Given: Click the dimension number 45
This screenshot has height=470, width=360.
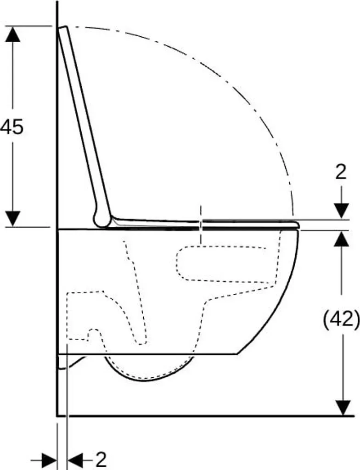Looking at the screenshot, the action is coord(12,127).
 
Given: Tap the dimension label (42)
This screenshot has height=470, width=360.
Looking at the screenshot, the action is coord(341,319).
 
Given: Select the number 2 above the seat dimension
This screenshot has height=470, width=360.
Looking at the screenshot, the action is coord(341,173).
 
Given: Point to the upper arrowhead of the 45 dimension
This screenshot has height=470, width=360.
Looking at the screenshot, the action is coord(12,34).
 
